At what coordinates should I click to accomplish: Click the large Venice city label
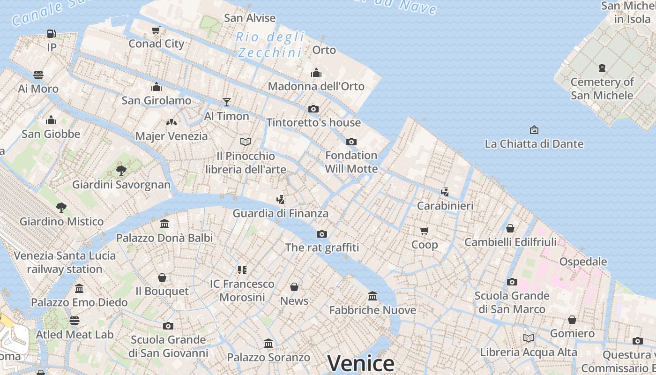click(361, 363)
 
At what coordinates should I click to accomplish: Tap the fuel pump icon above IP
click(51, 34)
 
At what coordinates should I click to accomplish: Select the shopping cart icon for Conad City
click(156, 30)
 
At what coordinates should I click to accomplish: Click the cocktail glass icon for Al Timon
click(227, 102)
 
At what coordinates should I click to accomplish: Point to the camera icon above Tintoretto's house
click(313, 109)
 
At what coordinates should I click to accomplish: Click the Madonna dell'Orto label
click(316, 86)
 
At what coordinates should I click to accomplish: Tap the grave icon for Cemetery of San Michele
click(602, 68)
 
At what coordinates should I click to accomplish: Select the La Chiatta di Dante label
click(534, 144)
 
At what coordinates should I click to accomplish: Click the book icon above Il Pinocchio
click(246, 141)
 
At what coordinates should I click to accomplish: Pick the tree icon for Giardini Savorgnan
click(121, 170)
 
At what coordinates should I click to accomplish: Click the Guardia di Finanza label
click(280, 213)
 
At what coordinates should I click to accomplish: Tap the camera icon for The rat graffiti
click(321, 234)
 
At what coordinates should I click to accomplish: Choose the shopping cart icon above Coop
click(425, 231)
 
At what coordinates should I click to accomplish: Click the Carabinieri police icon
click(445, 192)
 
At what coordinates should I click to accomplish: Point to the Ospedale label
click(583, 262)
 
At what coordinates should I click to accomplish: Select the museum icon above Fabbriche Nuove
click(373, 296)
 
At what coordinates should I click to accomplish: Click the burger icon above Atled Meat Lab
click(75, 320)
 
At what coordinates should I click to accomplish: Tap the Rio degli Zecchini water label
click(269, 44)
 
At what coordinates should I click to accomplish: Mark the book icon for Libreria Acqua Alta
click(529, 338)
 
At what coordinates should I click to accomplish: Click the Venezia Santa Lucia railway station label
click(65, 262)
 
